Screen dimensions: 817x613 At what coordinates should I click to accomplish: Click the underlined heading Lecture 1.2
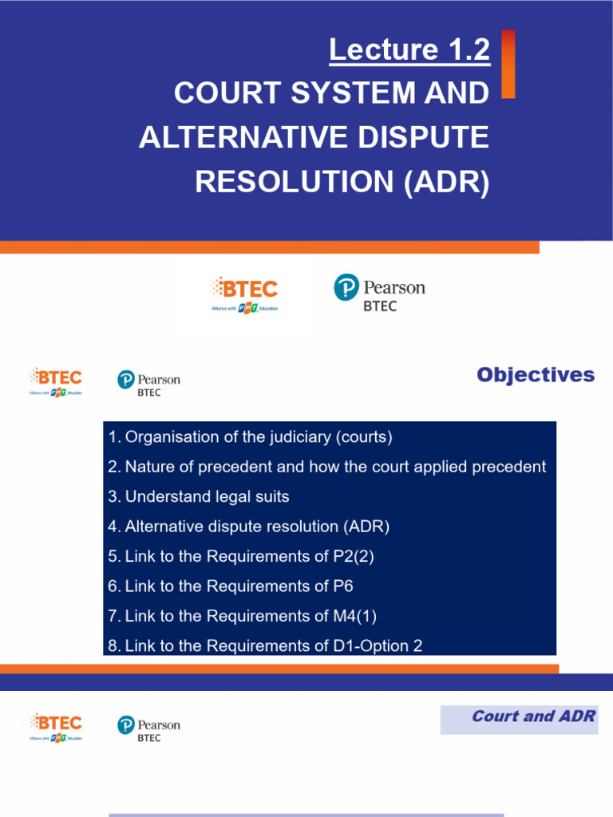click(409, 50)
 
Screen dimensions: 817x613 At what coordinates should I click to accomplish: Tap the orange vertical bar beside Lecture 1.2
click(508, 64)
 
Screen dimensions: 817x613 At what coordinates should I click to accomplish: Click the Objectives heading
click(536, 375)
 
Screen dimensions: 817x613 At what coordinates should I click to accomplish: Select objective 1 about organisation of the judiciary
click(250, 437)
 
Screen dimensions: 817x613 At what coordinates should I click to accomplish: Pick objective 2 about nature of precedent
click(327, 467)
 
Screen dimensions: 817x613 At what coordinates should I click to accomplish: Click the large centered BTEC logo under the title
click(244, 293)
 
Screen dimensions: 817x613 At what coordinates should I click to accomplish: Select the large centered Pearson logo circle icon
click(346, 287)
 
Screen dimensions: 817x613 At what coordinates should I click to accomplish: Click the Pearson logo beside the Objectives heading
click(148, 383)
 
